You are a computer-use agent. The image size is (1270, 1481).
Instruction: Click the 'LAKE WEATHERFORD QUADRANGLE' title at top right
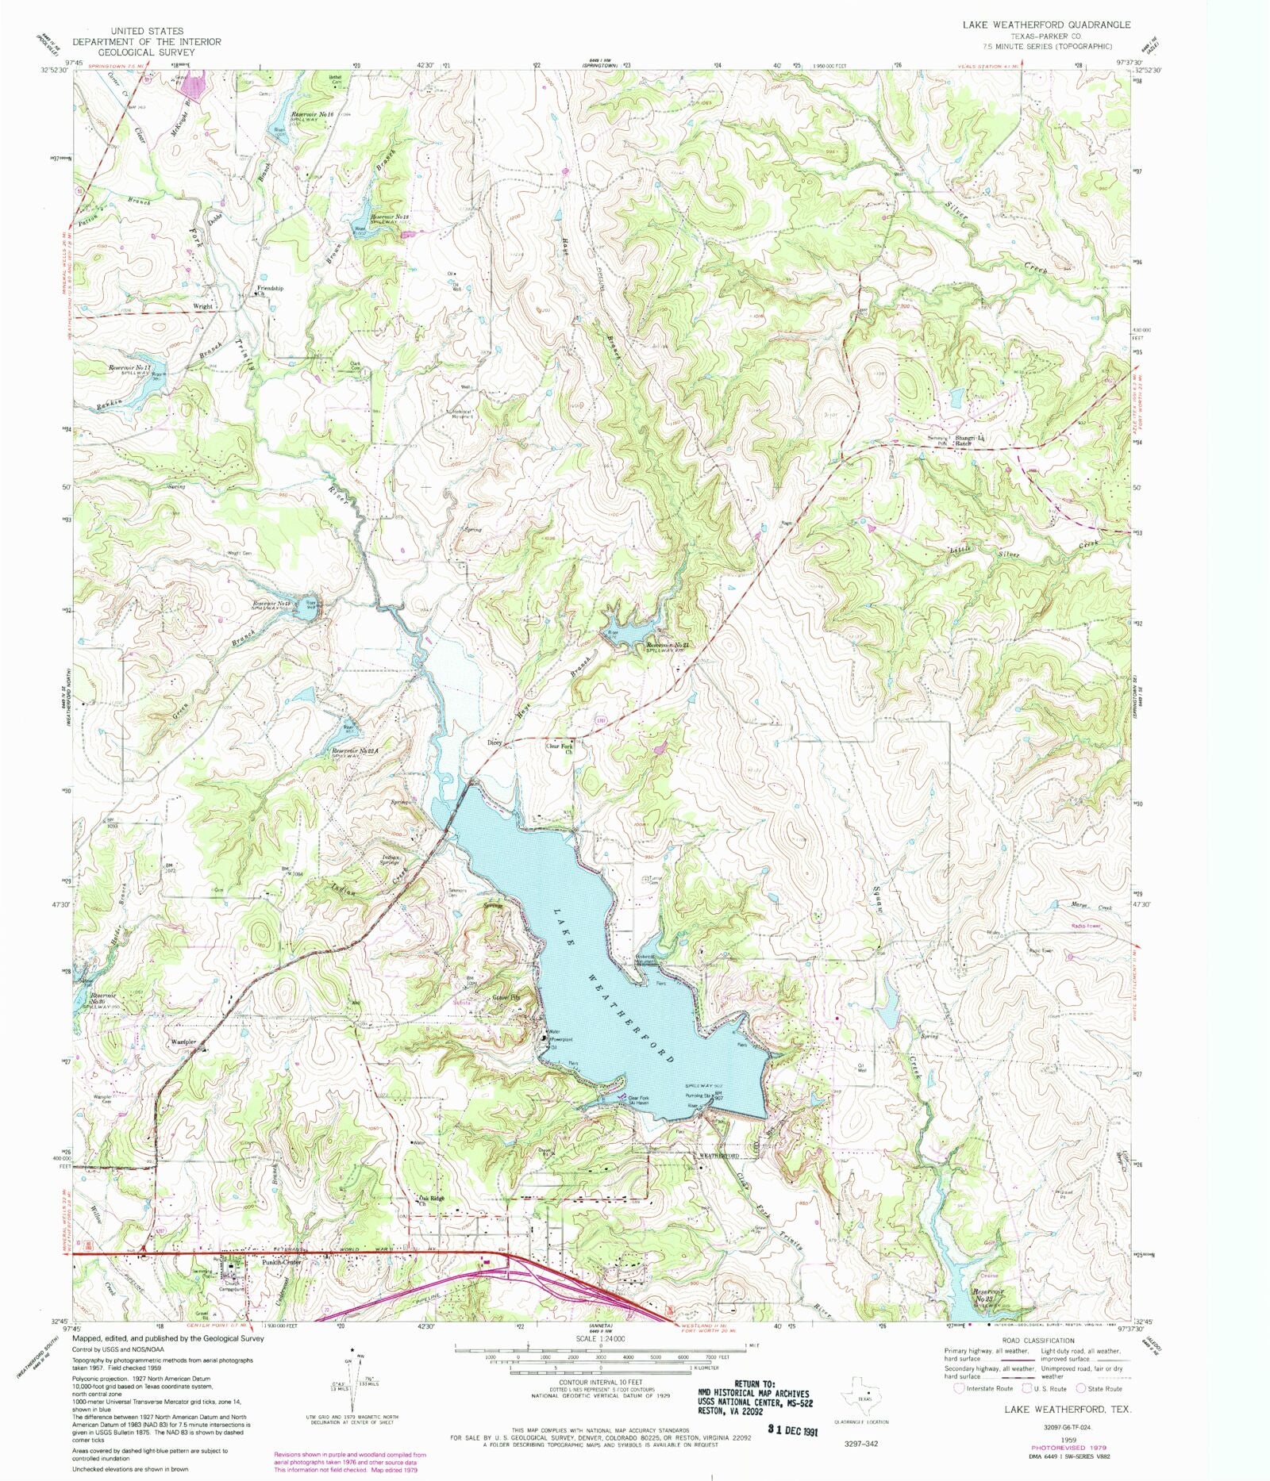(x=1046, y=25)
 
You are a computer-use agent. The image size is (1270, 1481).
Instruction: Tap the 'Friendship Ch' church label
(x=270, y=291)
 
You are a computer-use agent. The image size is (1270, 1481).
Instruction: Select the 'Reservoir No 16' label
(x=312, y=115)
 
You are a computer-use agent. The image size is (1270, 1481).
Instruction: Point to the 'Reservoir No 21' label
(x=672, y=646)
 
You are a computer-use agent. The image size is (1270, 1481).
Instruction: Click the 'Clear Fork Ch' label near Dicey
(x=559, y=748)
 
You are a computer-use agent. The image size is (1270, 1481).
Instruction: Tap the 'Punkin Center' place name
(x=283, y=1262)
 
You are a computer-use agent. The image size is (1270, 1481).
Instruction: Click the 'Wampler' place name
(x=183, y=1042)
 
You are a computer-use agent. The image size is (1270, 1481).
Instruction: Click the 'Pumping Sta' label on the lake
(x=697, y=1096)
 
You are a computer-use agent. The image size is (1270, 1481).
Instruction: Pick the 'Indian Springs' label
(x=392, y=860)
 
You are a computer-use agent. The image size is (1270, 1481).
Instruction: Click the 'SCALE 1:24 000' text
(x=600, y=1339)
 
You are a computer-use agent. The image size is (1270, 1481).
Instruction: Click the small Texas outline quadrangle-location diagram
(x=864, y=1389)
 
